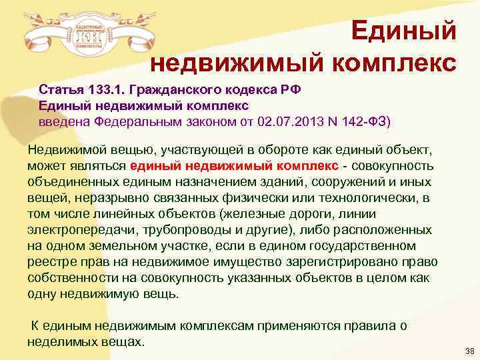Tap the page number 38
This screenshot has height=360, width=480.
(467, 350)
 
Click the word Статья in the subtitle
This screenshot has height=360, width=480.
(61, 90)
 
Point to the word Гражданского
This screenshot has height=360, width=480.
(170, 90)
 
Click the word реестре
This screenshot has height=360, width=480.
(50, 261)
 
